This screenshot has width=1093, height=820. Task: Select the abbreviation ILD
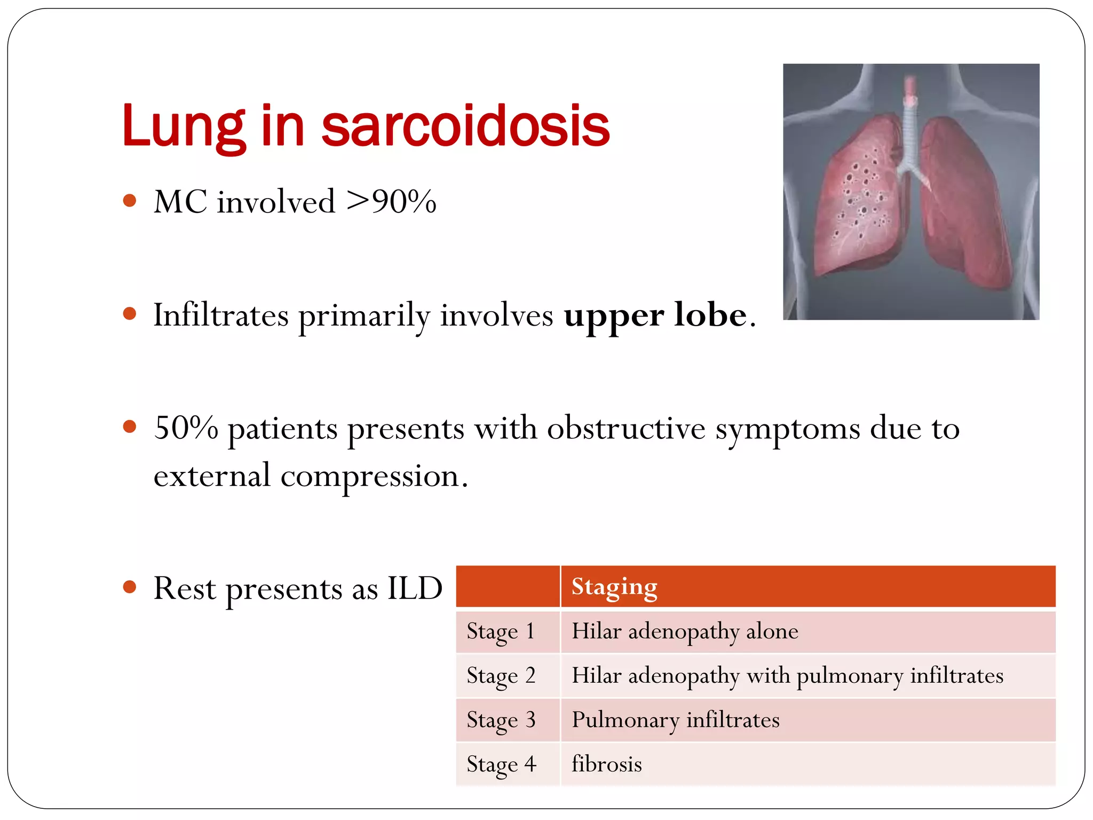pyautogui.click(x=415, y=588)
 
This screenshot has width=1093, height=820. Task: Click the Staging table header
pyautogui.click(x=614, y=586)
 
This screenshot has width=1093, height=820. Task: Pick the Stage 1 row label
pyautogui.click(x=501, y=632)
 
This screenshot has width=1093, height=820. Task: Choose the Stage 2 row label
pyautogui.click(x=501, y=676)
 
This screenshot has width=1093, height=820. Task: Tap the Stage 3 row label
pyautogui.click(x=501, y=720)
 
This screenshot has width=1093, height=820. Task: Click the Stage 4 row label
pyautogui.click(x=501, y=764)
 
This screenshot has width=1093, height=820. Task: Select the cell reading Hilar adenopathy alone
pyautogui.click(x=685, y=632)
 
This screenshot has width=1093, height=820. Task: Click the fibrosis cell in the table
pyautogui.click(x=607, y=764)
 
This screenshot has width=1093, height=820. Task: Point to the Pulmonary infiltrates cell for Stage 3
pyautogui.click(x=676, y=720)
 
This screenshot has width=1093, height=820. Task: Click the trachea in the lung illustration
pyautogui.click(x=909, y=128)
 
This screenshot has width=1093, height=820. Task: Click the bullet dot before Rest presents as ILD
pyautogui.click(x=129, y=587)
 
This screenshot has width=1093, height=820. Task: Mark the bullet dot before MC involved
pyautogui.click(x=129, y=201)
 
